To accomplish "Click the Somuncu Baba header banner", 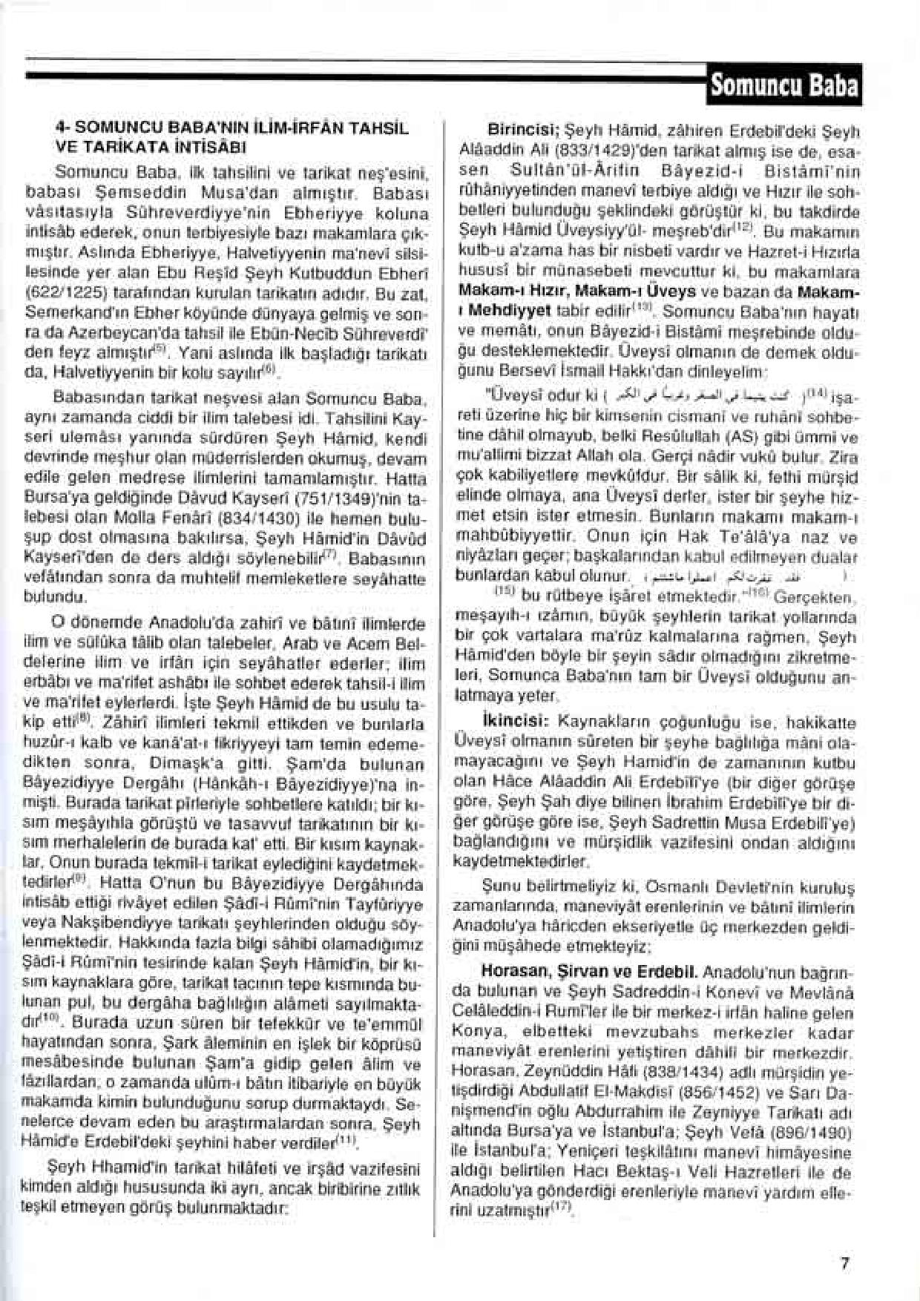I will [x=783, y=85].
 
